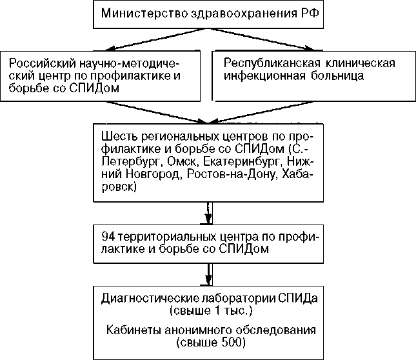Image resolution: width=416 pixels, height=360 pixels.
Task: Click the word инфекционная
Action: (x=258, y=75)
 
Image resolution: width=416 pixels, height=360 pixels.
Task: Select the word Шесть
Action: (x=117, y=137)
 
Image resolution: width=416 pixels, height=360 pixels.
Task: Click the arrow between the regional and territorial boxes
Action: (x=208, y=210)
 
